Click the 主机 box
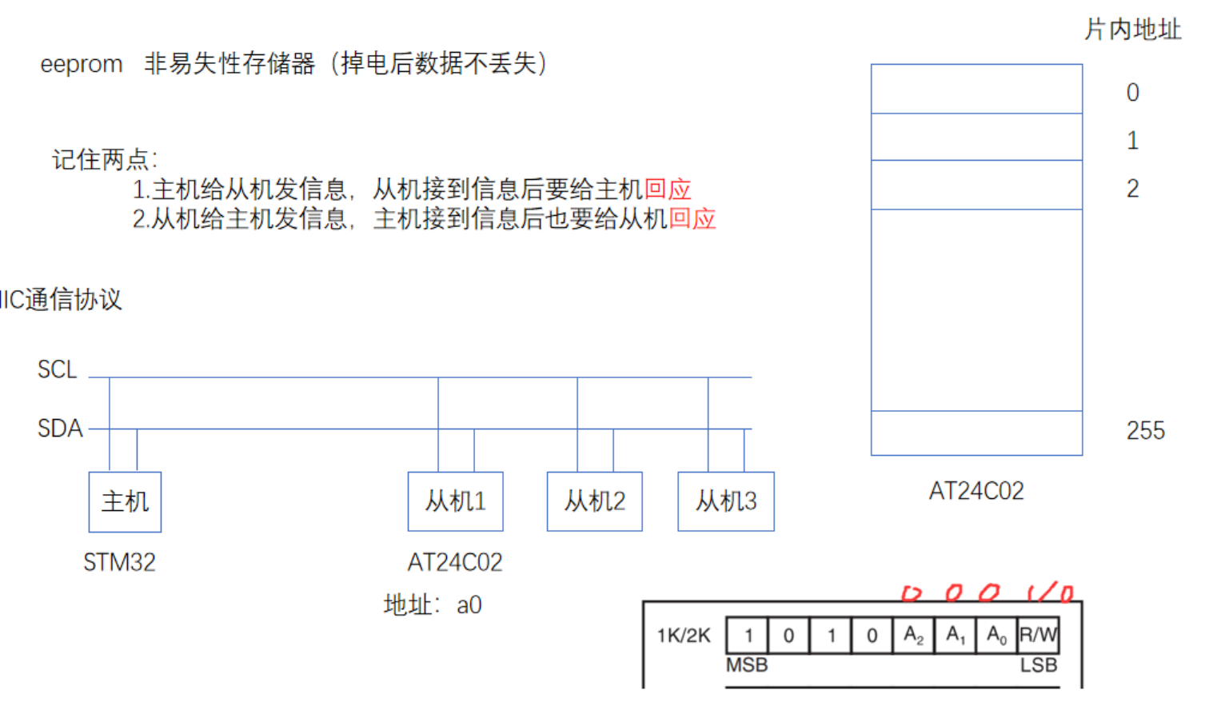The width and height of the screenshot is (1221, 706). point(125,501)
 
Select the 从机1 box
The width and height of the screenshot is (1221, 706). point(455,501)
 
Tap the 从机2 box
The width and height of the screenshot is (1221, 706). point(594,501)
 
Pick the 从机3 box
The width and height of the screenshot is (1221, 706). point(725,501)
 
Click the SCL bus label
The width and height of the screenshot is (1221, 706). point(57,369)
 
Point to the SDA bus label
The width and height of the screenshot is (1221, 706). point(60,429)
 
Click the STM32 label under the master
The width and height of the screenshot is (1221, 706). point(119,562)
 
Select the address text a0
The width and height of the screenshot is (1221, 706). point(469,605)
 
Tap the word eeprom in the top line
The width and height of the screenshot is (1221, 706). point(82,64)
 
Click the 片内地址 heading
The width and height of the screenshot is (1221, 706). point(1132,30)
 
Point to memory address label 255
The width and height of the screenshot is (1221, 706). point(1145,431)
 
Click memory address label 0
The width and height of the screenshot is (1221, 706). point(1132,93)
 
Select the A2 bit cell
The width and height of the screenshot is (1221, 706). point(913,636)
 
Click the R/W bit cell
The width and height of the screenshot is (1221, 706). point(1038,636)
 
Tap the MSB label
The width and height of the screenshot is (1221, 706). point(747,665)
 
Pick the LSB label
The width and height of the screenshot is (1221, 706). point(1038,665)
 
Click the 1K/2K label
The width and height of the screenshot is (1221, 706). point(684,636)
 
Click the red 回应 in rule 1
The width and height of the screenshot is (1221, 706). point(668,189)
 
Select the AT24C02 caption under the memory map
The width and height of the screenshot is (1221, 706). point(976,491)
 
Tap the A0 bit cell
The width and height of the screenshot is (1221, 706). point(996,636)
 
